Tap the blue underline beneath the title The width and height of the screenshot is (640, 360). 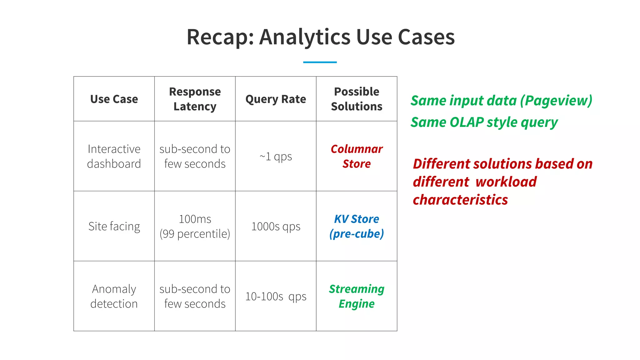pos(320,62)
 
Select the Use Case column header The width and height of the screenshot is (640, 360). pos(114,99)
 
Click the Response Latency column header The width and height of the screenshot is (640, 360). pos(195,99)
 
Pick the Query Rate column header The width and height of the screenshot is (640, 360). pos(276,99)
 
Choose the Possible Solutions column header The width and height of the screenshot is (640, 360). pos(357,99)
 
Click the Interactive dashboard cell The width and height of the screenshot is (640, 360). pos(114,156)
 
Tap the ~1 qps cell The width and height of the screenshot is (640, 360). pos(276,156)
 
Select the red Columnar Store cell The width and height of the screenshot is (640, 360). pos(357,156)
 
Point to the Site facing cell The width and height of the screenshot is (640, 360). pos(114,226)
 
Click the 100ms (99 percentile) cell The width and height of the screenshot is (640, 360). pos(195,226)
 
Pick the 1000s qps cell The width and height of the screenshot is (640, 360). pos(276,226)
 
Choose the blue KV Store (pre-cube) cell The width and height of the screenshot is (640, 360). pos(357,226)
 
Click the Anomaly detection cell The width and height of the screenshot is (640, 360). pos(114,296)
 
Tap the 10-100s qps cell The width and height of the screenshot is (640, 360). pos(276,296)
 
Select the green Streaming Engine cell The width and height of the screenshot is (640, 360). pos(357,296)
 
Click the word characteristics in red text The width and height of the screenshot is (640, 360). pos(460,200)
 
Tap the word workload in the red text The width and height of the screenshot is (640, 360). pos(506,182)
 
